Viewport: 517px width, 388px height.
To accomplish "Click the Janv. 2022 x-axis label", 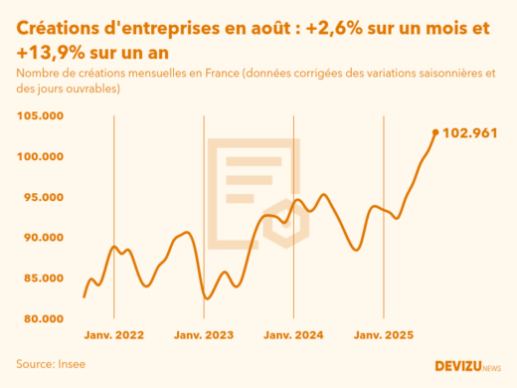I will (x=114, y=336).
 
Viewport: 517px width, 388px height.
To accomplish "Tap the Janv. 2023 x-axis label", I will (x=204, y=336).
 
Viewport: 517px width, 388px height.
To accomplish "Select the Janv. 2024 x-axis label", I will (x=294, y=336).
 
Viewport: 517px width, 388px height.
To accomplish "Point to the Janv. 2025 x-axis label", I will (x=384, y=336).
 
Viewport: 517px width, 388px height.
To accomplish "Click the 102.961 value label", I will (x=470, y=133).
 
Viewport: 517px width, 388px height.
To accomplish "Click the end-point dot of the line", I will (x=435, y=132).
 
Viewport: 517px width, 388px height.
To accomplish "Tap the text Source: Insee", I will (x=51, y=364).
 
